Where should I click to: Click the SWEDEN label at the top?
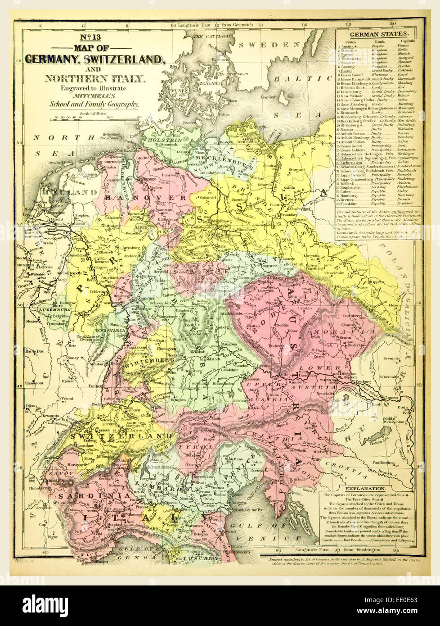pyautogui.click(x=269, y=45)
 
